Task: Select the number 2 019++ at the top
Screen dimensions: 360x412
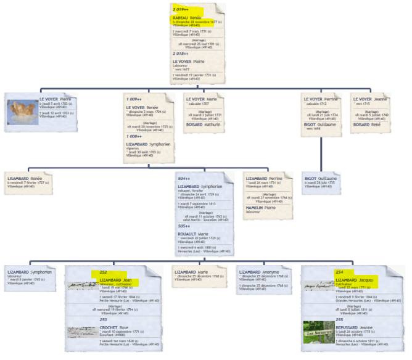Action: [180, 9]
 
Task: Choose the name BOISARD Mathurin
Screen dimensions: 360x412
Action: [204, 124]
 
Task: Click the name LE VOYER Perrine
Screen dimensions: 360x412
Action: [321, 99]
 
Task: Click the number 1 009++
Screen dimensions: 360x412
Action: [135, 99]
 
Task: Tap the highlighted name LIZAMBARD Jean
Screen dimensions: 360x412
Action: [115, 280]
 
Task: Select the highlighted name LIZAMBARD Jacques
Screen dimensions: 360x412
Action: [355, 280]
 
